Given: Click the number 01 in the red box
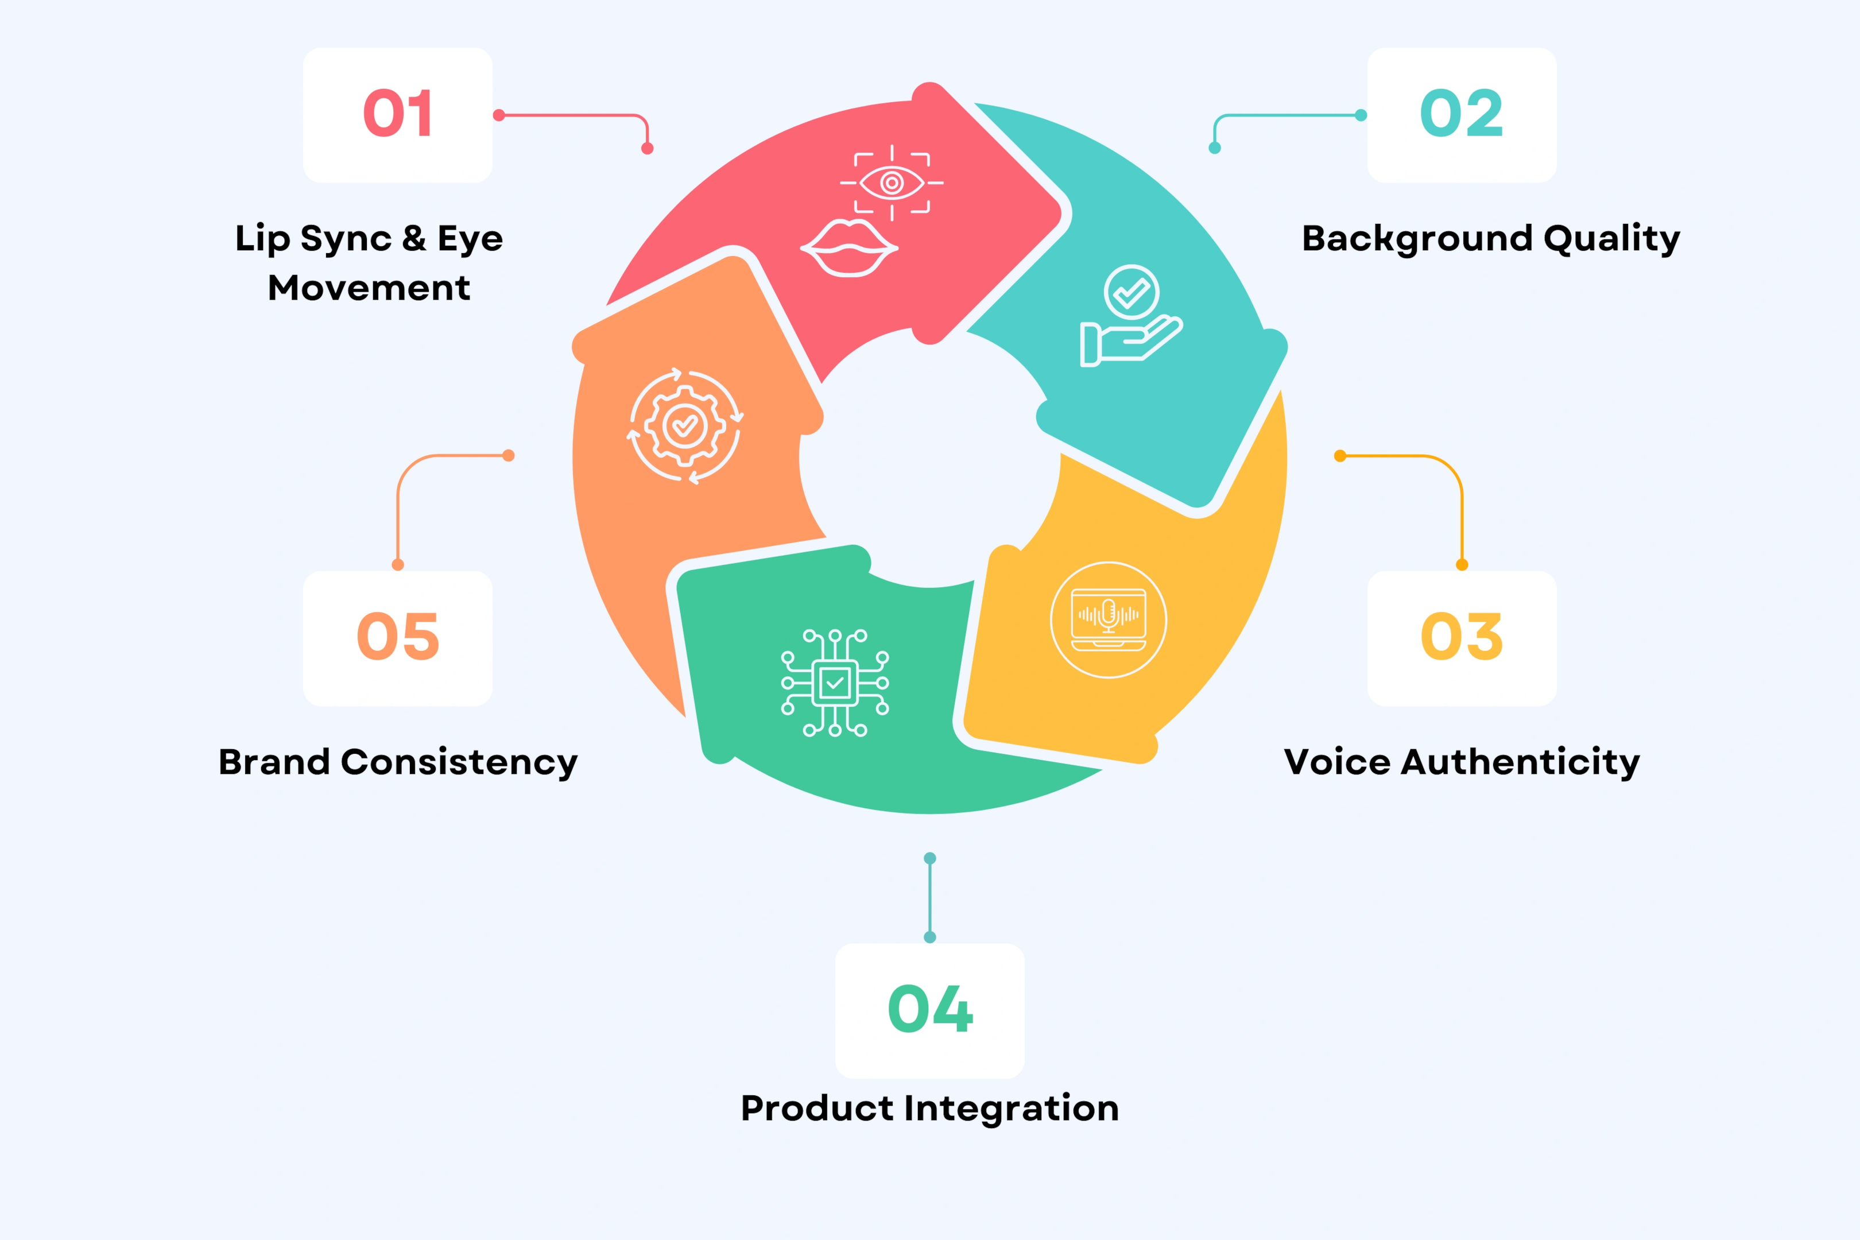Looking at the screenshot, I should point(398,114).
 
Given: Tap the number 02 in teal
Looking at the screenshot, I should point(1462,114).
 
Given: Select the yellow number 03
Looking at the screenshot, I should point(1462,637).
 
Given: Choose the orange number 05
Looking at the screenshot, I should point(398,637).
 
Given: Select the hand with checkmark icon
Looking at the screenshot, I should point(1131,316).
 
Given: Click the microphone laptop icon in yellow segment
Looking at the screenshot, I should point(1108,619).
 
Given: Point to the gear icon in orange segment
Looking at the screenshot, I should point(685,426).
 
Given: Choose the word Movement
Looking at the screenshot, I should point(369,288).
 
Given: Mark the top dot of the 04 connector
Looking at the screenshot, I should point(930,858).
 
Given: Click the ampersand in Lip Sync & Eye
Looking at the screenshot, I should point(413,238).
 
